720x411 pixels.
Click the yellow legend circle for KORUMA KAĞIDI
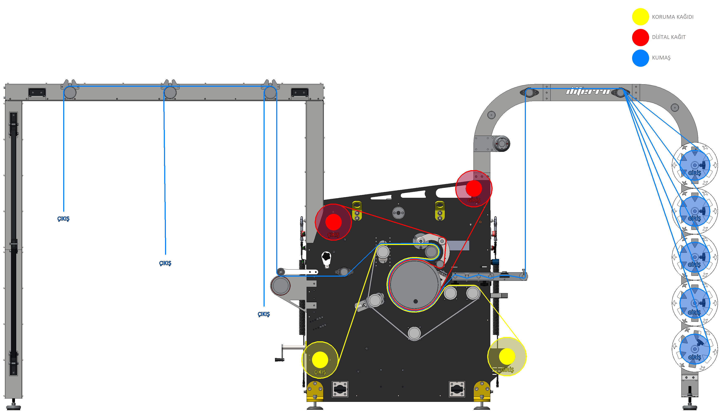tap(640, 17)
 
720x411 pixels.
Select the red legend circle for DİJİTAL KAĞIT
tap(640, 37)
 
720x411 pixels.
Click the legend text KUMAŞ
tap(661, 58)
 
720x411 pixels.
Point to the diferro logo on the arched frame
tap(588, 91)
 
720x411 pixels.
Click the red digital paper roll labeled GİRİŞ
tap(474, 188)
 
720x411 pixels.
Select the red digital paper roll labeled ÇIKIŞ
tap(333, 222)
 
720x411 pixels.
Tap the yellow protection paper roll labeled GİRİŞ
tap(507, 357)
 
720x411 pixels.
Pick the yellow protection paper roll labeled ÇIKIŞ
tap(320, 360)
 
